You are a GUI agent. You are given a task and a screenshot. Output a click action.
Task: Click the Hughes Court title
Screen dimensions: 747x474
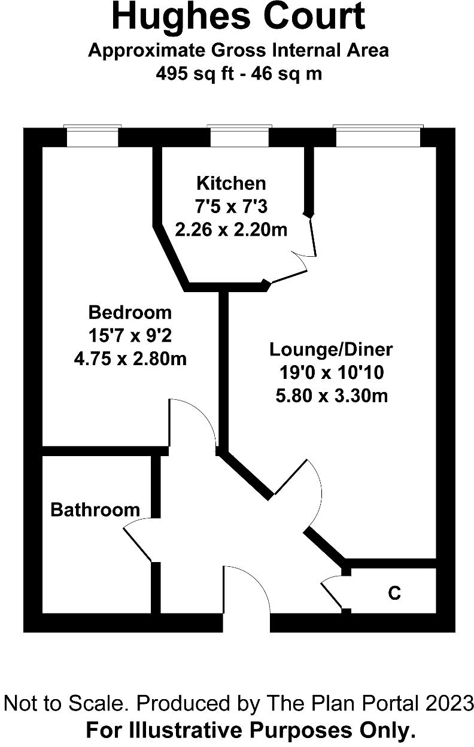pos(238,17)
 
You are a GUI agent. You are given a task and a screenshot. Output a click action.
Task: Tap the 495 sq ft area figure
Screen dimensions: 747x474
pos(188,74)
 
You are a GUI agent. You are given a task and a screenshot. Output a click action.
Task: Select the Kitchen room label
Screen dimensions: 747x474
pos(231,183)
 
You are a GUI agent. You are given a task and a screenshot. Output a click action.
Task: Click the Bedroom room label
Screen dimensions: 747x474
pos(130,312)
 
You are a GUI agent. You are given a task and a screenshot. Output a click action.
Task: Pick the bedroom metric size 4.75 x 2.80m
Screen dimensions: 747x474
pos(130,359)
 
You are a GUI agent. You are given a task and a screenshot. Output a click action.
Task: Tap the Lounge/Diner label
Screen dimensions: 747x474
pos(331,349)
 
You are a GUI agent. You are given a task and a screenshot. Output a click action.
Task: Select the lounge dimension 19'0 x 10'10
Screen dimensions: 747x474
pos(331,372)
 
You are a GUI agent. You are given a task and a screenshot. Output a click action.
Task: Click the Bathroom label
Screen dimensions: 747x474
pos(95,510)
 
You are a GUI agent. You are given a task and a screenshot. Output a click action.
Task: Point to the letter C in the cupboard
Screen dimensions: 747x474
pos(394,593)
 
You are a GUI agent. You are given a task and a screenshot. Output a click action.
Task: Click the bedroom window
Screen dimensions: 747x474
pos(92,136)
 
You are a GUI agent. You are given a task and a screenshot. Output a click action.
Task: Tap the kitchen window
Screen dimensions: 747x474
pos(239,136)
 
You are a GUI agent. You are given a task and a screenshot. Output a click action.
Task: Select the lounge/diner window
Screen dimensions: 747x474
pos(378,136)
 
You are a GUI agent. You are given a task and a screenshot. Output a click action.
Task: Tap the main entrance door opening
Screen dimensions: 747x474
pos(246,599)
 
